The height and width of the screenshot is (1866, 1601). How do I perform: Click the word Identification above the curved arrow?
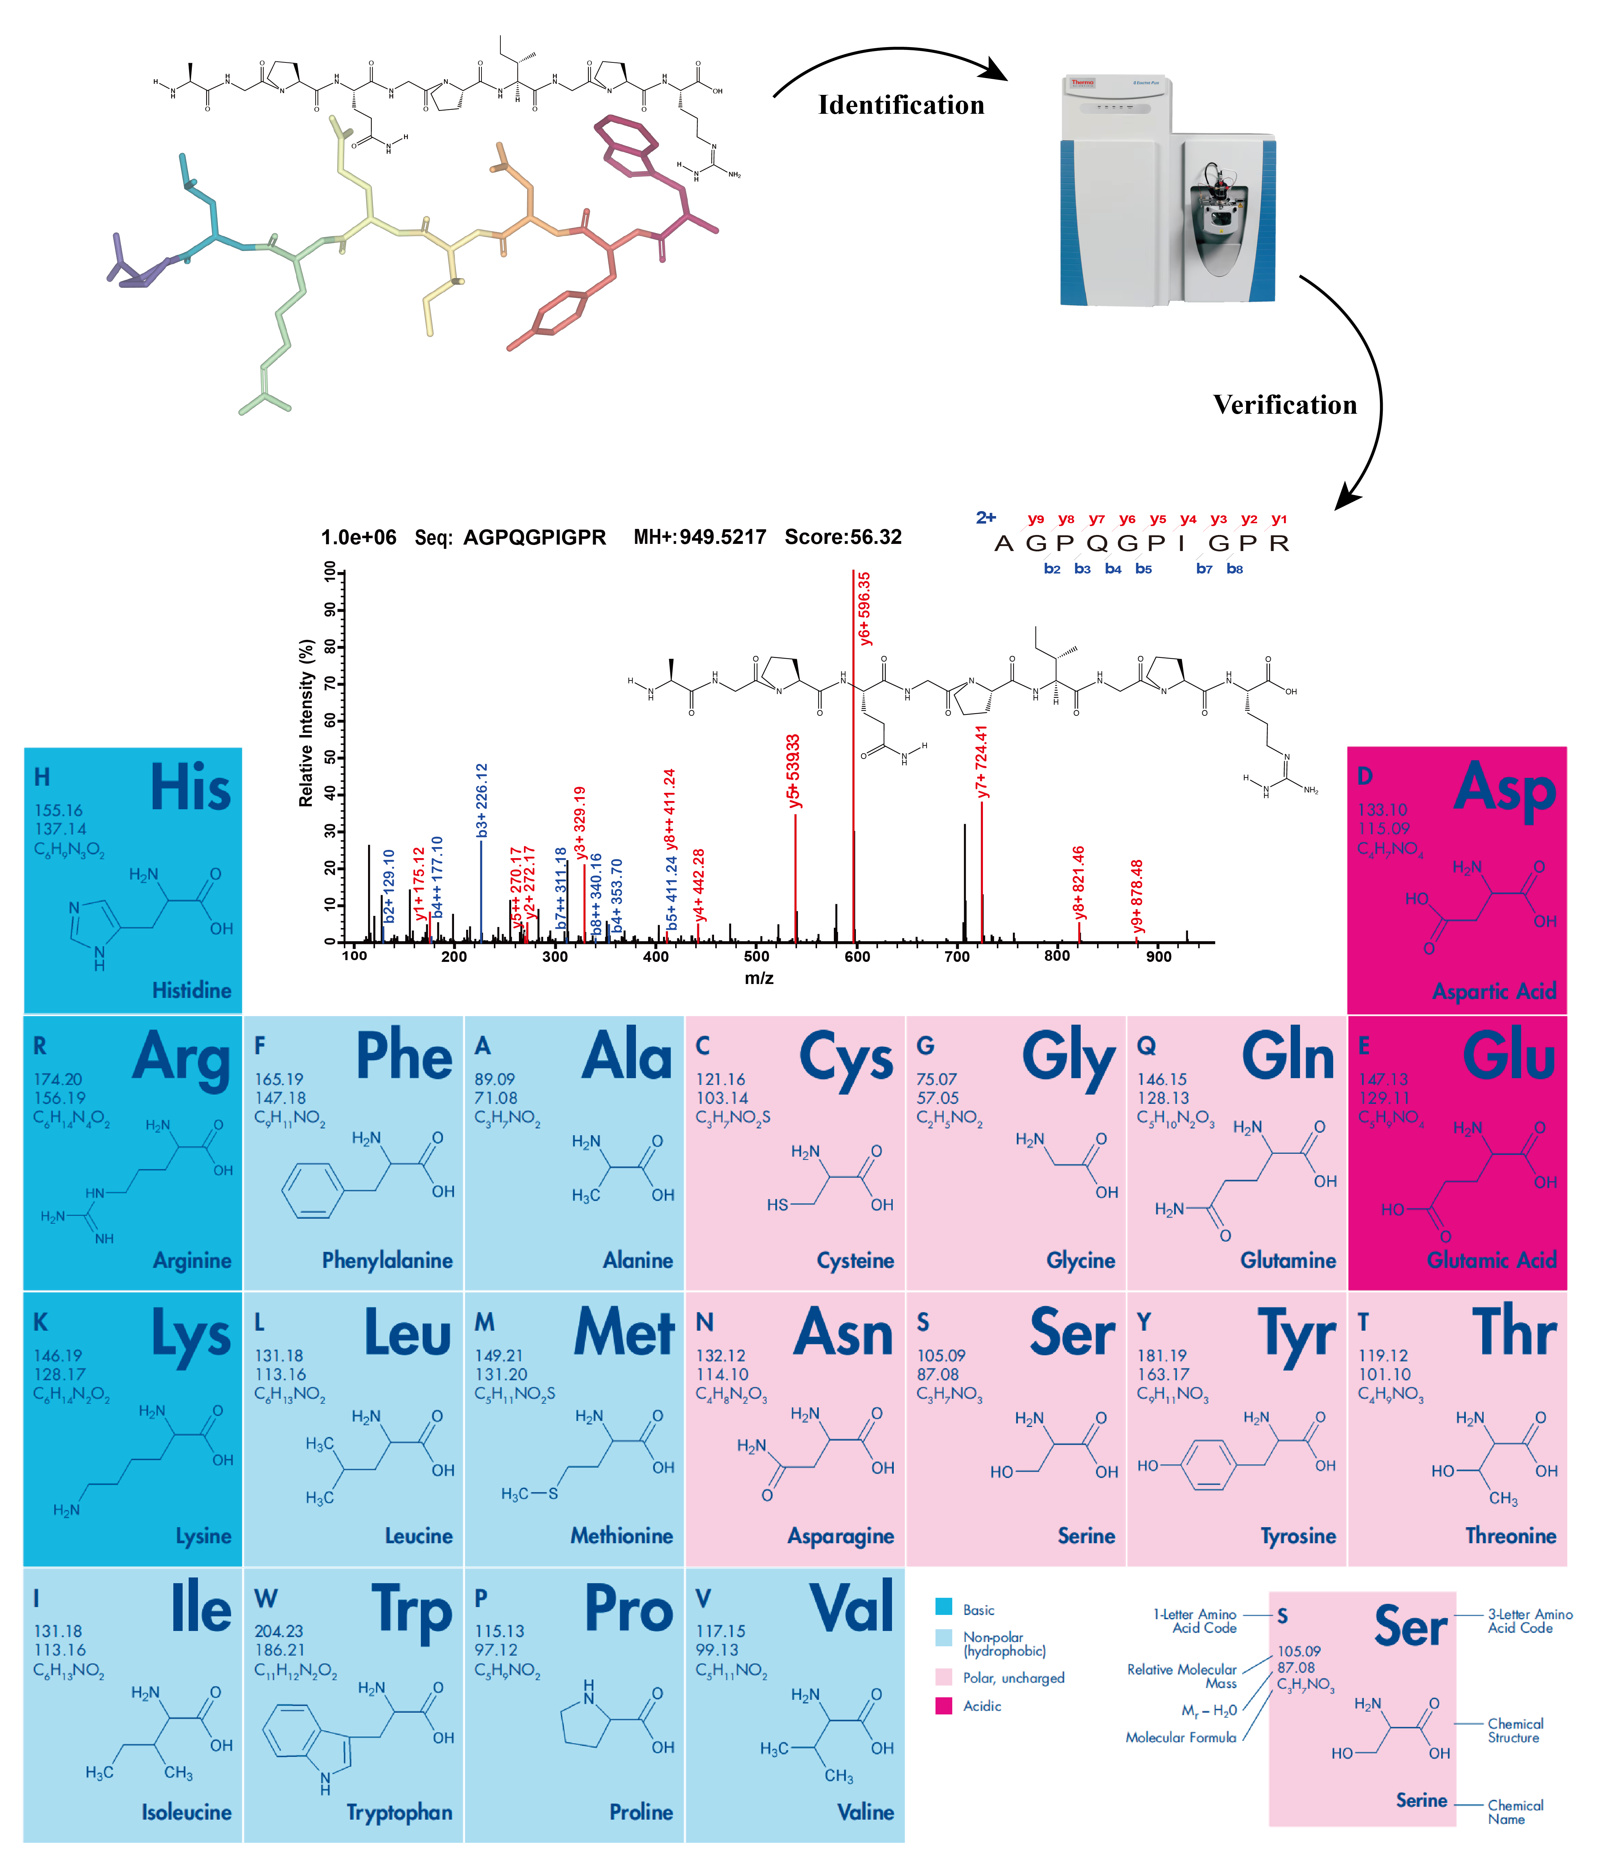[901, 105]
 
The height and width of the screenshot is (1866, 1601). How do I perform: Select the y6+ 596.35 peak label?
[865, 609]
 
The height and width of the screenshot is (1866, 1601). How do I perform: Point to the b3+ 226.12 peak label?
[482, 801]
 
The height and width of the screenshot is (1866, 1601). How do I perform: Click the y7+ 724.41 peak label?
[982, 762]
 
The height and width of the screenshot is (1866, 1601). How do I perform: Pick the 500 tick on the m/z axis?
[756, 955]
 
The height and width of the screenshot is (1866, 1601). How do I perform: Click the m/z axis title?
[759, 978]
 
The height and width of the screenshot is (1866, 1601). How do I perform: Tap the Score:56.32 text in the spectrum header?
[843, 537]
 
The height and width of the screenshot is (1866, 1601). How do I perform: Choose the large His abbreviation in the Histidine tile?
[190, 788]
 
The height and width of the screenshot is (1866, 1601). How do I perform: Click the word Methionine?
[621, 1535]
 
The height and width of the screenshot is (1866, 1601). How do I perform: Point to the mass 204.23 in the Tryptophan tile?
[279, 1631]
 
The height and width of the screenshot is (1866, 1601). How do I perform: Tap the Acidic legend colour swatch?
[944, 1706]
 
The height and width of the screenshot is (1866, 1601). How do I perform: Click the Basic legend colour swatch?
[944, 1607]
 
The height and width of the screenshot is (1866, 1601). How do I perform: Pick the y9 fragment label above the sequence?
[1035, 520]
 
